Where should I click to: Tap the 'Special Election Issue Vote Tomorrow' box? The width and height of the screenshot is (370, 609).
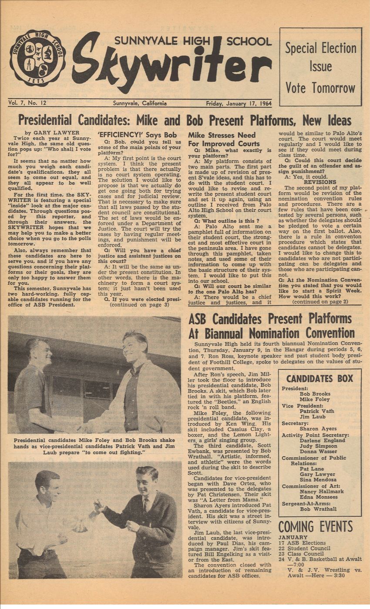click(x=320, y=67)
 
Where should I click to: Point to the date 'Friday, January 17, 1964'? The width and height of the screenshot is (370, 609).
click(x=238, y=104)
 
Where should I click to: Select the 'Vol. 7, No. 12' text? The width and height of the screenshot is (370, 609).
click(x=27, y=104)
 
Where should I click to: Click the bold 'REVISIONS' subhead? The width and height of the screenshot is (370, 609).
click(x=320, y=182)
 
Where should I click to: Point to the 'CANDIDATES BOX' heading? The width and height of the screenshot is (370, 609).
click(x=320, y=378)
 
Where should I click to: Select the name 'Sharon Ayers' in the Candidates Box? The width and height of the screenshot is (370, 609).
click(x=318, y=428)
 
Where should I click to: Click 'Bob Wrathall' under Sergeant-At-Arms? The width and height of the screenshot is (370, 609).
click(x=318, y=509)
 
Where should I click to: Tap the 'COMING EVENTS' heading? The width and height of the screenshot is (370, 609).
click(x=315, y=526)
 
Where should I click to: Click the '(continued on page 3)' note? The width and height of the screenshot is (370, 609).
click(x=139, y=304)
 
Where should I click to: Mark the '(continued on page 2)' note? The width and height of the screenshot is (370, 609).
click(x=320, y=301)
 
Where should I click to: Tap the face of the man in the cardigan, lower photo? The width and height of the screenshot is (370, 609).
click(x=147, y=478)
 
